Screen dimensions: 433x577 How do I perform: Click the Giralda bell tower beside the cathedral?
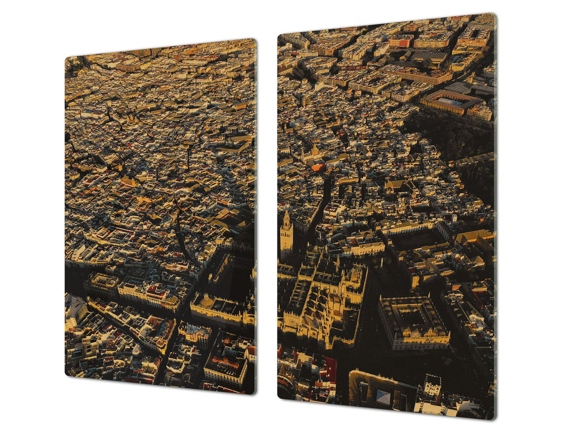(287, 236)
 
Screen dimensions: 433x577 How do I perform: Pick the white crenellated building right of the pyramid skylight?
(432, 385)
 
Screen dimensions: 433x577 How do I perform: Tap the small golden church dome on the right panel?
(315, 150)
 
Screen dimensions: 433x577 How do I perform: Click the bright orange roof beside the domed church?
(318, 167)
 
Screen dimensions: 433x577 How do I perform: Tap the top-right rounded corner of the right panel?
(493, 16)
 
